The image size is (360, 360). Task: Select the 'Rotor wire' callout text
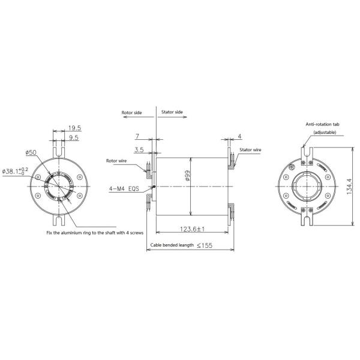point(118,161)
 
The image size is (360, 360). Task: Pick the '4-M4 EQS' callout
point(124,188)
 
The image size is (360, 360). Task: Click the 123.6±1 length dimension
point(193,229)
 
